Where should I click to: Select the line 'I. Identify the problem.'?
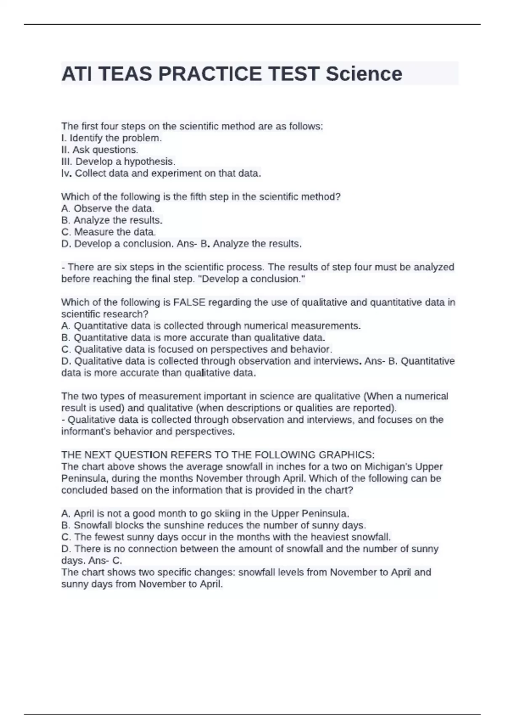click(112, 138)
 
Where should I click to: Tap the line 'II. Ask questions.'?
click(100, 150)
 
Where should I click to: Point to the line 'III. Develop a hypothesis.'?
click(118, 162)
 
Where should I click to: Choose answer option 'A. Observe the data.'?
click(108, 208)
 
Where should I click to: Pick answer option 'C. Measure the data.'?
click(109, 232)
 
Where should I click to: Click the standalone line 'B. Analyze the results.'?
click(112, 220)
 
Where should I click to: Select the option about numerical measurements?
click(211, 326)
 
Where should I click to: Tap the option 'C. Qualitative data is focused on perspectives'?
click(197, 349)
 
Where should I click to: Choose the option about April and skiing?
click(205, 514)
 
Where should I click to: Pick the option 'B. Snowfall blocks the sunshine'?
click(213, 525)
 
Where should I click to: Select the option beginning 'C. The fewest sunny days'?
click(226, 537)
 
